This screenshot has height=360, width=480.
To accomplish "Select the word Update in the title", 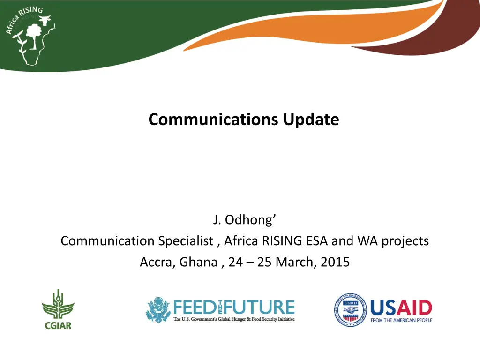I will point(311,120).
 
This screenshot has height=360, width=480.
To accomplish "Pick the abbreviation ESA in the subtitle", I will point(319,241).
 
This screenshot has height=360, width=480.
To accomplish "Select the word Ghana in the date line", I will point(196,262).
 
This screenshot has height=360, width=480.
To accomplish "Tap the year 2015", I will point(336,262).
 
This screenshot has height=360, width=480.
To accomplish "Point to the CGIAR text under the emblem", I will point(58,325).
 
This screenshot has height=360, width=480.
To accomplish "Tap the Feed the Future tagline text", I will point(234,320).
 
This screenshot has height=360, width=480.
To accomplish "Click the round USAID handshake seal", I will point(350,309).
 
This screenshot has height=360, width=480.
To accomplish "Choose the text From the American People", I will point(401,320).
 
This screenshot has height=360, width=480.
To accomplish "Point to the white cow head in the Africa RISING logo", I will point(46,21).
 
